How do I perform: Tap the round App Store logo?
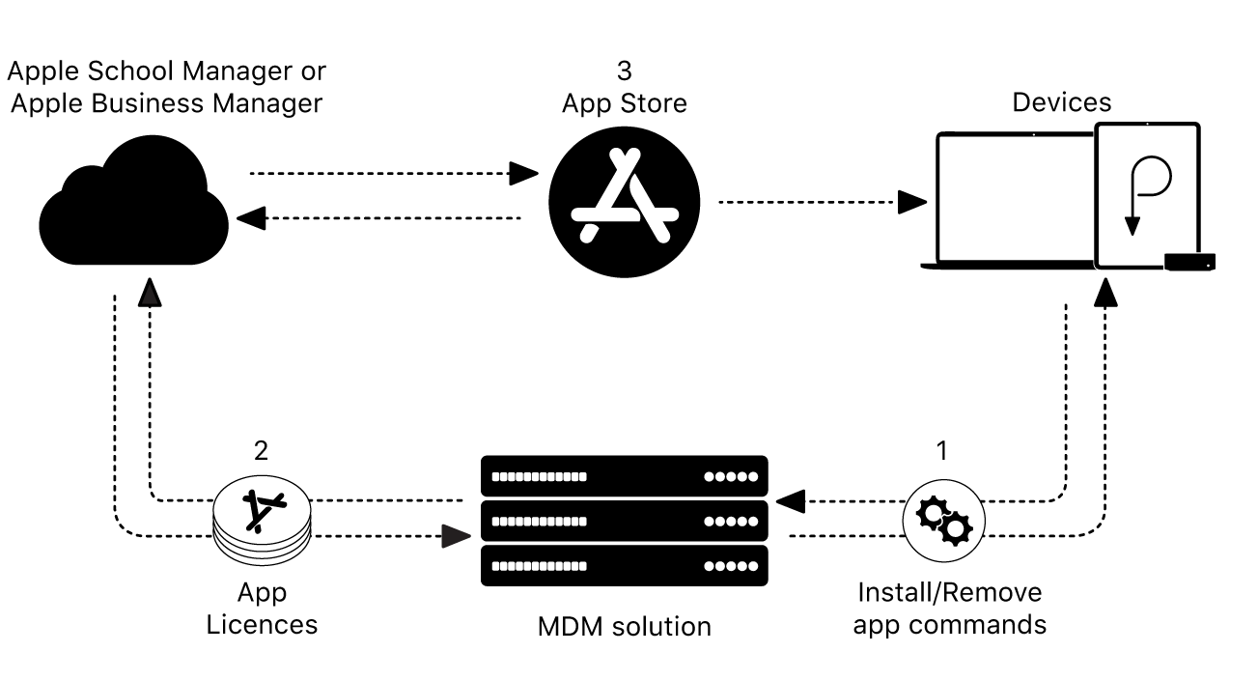[624, 202]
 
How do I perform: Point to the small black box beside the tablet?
[1189, 261]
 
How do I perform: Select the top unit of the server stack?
[624, 476]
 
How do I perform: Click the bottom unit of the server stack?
[624, 566]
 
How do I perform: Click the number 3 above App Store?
[624, 71]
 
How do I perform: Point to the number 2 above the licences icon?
[261, 451]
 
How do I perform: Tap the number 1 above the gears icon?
[942, 451]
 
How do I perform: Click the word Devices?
[1061, 102]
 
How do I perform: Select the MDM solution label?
[624, 626]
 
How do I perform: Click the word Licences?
[262, 624]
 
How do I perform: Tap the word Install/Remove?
[949, 592]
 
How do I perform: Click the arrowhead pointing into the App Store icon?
[524, 174]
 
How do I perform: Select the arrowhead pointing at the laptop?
[910, 202]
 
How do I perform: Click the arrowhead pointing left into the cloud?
[251, 218]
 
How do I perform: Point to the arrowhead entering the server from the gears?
[791, 500]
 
